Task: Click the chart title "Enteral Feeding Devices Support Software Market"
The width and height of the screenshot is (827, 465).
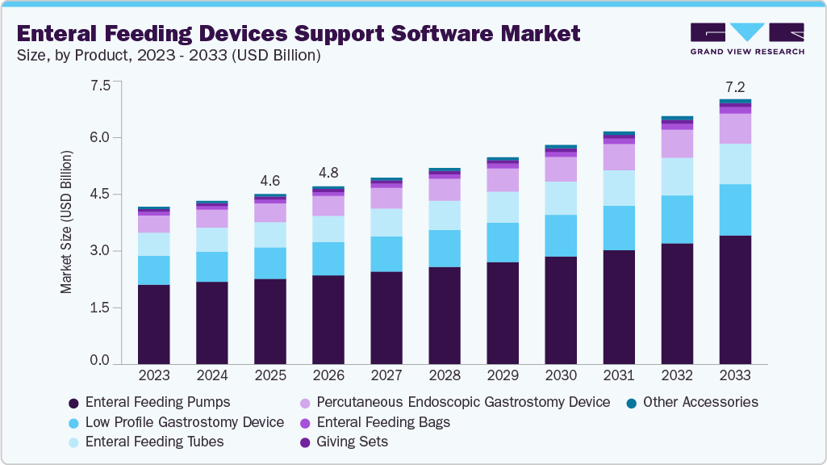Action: [298, 33]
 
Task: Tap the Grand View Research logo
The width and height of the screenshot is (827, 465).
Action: [747, 38]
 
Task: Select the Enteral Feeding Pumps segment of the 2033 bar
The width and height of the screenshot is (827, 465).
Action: [735, 300]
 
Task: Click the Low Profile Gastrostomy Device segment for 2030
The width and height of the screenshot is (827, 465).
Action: [561, 236]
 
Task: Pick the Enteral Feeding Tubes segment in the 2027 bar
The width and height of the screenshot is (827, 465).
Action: [386, 223]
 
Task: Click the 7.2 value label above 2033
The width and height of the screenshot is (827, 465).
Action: [735, 86]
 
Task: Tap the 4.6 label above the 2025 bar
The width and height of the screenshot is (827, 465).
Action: [270, 180]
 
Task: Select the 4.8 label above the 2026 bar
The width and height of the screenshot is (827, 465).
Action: [328, 173]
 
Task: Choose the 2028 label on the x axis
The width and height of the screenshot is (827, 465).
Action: [445, 375]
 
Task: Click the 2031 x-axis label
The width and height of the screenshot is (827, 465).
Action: [619, 375]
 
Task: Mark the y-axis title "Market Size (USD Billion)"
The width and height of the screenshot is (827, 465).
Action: [67, 222]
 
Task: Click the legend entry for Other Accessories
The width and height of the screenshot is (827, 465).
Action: [700, 402]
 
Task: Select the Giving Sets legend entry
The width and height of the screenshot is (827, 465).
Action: [352, 442]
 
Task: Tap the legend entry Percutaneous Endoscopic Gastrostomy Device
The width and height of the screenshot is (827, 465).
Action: [462, 402]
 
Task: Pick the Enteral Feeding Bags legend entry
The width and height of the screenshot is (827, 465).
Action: [382, 422]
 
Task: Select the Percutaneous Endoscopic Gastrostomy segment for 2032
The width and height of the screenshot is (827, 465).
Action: [677, 144]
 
